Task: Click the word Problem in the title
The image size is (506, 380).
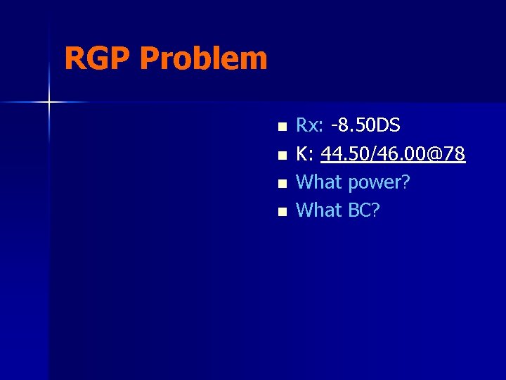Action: coord(203,60)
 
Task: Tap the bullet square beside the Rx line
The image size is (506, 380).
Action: coord(282,127)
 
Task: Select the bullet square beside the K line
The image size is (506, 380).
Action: coord(282,156)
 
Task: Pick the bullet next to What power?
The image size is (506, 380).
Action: coord(282,184)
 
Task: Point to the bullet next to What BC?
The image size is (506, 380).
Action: coord(282,212)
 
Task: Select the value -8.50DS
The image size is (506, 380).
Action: coord(365,126)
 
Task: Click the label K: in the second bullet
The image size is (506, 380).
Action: coord(306,154)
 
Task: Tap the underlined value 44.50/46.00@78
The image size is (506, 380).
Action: coord(393,154)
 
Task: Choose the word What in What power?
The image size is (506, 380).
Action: coord(320,182)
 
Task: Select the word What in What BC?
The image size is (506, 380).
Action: coord(320,210)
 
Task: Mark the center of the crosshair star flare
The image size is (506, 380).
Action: coord(49,103)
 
